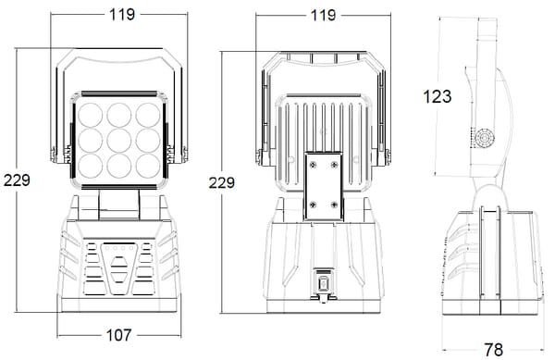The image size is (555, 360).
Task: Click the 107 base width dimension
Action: (118, 335)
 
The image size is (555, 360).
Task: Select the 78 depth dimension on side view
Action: (494, 350)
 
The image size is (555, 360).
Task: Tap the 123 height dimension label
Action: (438, 96)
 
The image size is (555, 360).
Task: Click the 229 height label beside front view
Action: (17, 180)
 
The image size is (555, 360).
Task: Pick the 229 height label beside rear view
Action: (222, 182)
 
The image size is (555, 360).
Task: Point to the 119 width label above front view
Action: (122, 15)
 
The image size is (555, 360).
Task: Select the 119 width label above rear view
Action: (323, 15)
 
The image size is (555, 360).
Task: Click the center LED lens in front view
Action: (119, 141)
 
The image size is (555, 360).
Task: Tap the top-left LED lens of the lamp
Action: (91, 115)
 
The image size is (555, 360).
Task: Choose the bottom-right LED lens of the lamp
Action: (148, 166)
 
